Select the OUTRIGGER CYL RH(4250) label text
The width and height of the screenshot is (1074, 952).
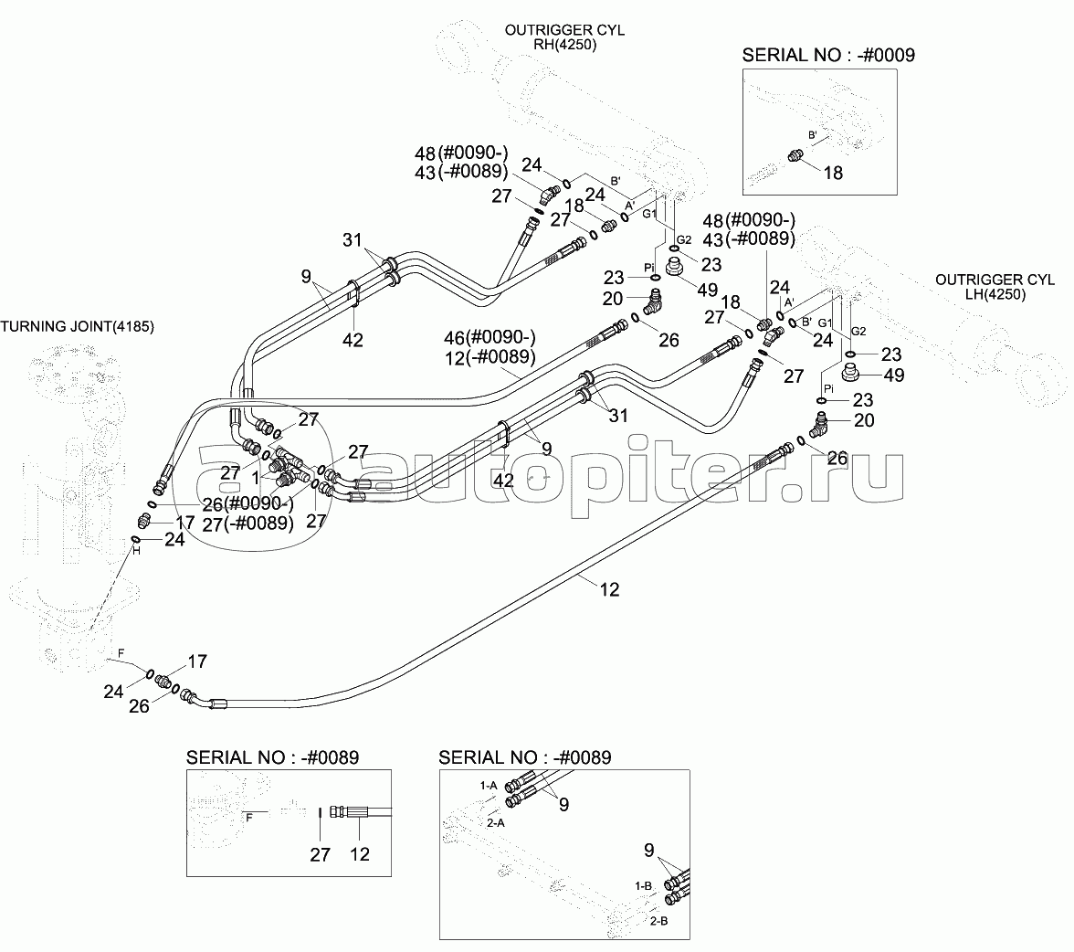tap(564, 37)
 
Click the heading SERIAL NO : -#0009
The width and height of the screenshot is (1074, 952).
tap(828, 55)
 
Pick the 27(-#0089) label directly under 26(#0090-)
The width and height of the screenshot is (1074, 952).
tap(249, 524)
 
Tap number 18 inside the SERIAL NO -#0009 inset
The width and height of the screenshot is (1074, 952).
tap(833, 172)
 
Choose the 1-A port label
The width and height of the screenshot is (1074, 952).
tap(489, 785)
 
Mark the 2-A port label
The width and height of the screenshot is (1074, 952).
tap(496, 823)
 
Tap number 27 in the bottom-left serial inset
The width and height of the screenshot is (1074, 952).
tap(319, 854)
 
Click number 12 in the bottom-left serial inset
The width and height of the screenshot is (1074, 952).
tap(360, 854)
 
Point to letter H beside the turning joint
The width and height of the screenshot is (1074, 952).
tap(134, 549)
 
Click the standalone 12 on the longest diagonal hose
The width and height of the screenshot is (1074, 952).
tap(609, 589)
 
